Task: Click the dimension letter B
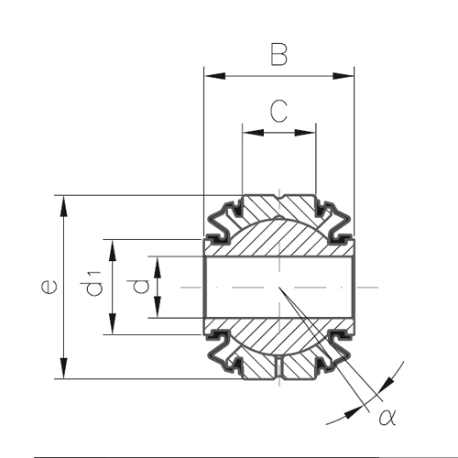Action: click(x=279, y=55)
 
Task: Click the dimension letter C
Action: click(x=278, y=111)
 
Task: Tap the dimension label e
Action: click(x=49, y=288)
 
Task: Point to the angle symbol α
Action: click(x=387, y=417)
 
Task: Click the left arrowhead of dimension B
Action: click(x=215, y=76)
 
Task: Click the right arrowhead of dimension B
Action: click(x=343, y=76)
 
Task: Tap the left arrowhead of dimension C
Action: click(x=253, y=133)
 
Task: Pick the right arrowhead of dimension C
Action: click(x=305, y=133)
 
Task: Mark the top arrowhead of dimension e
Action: click(x=63, y=206)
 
